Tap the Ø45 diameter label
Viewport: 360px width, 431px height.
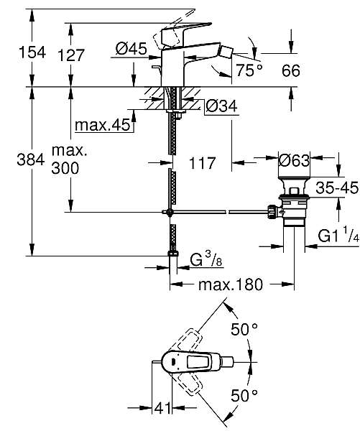131,49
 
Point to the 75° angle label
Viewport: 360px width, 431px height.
249,70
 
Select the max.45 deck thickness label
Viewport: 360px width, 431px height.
104,126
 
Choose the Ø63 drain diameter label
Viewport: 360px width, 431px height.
295,159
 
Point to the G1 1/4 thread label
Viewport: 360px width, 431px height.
335,235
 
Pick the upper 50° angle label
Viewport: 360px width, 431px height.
244,330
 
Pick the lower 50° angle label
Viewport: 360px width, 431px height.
244,396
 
